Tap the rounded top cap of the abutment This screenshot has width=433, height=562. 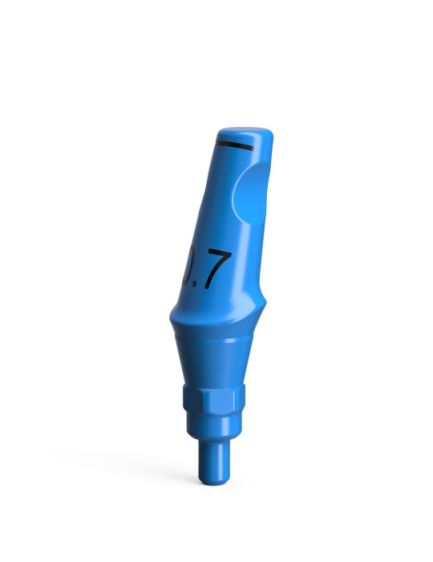tap(245, 133)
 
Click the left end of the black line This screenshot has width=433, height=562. tap(218, 143)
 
